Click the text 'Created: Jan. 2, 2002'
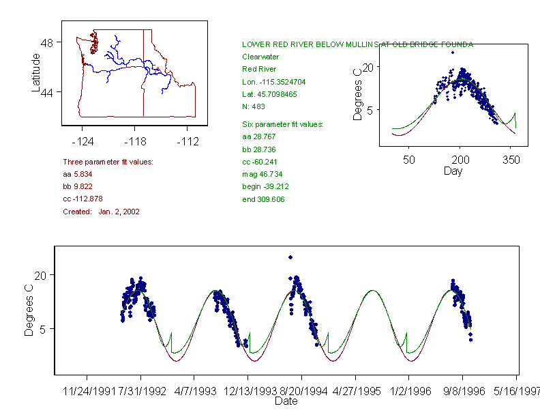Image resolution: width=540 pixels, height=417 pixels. pyautogui.click(x=101, y=212)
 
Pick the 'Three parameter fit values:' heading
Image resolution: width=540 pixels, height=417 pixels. pyautogui.click(x=108, y=162)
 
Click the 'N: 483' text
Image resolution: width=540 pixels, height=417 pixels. pyautogui.click(x=254, y=106)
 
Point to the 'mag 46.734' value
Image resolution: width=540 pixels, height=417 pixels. pyautogui.click(x=262, y=174)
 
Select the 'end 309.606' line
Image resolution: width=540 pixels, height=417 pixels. pyautogui.click(x=263, y=199)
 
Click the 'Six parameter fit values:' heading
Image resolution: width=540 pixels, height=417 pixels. pyautogui.click(x=282, y=124)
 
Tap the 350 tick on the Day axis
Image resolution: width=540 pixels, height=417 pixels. pyautogui.click(x=511, y=160)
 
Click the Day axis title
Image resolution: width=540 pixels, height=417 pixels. pyautogui.click(x=453, y=171)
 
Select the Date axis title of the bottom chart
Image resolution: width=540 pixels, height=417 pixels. pyautogui.click(x=286, y=401)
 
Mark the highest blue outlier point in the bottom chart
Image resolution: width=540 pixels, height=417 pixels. pyautogui.click(x=290, y=257)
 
